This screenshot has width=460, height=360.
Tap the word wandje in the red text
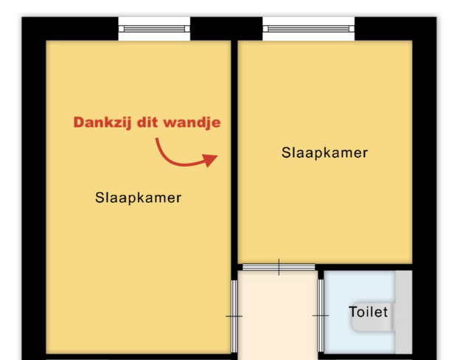[192, 122]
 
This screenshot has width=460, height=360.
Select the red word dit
[147, 122]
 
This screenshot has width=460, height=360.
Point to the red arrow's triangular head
[211, 161]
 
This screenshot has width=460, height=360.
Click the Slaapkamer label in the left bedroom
[138, 198]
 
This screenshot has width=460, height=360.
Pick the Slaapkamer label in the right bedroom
[324, 153]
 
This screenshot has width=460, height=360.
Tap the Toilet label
[368, 312]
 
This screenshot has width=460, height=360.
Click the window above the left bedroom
[154, 29]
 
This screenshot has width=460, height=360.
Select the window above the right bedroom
[309, 29]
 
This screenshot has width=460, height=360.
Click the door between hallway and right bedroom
[279, 267]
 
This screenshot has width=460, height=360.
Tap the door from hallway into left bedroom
[234, 316]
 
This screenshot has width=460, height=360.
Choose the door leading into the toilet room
[321, 315]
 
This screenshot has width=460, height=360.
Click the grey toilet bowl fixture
[372, 317]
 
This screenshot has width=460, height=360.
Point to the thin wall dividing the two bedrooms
[234, 153]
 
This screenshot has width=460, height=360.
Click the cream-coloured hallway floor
[277, 315]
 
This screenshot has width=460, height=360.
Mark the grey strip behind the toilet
[404, 312]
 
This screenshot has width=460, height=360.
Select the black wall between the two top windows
[226, 29]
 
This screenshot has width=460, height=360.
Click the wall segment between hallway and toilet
[321, 275]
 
